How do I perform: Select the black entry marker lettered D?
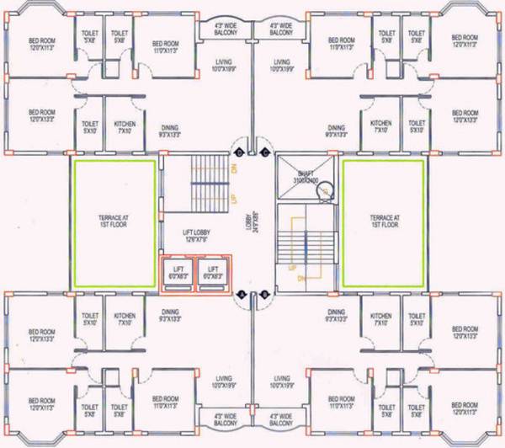tap(239, 152)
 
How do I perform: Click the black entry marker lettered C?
tap(265, 152)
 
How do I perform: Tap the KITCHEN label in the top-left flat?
tap(125, 126)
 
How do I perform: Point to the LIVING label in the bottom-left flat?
tap(223, 381)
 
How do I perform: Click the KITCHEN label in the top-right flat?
tap(380, 126)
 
